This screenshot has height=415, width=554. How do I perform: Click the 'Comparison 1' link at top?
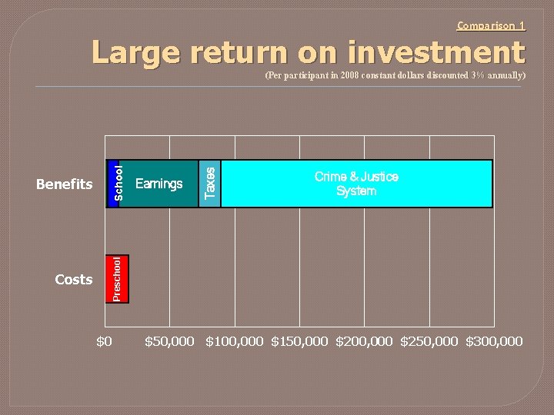[x=491, y=25]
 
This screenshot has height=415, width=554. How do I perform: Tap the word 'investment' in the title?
[x=436, y=53]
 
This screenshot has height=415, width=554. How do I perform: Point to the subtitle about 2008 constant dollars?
[x=395, y=75]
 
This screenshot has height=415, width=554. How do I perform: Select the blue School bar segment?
[x=113, y=184]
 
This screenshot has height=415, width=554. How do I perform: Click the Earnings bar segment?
[x=159, y=184]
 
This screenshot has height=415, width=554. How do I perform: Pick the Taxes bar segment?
[x=209, y=184]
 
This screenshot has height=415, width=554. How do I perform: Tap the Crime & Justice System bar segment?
[x=356, y=184]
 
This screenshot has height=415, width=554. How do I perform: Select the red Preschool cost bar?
[x=117, y=279]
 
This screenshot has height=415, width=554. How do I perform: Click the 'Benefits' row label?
[x=65, y=184]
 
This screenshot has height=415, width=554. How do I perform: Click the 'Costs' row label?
[x=74, y=280]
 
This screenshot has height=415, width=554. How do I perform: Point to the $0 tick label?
[x=104, y=341]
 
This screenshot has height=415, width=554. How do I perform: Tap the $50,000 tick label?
[x=169, y=341]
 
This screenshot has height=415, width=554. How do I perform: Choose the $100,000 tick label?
[x=234, y=341]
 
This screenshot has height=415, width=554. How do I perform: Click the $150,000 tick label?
[x=299, y=341]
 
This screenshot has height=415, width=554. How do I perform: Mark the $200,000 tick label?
[x=364, y=341]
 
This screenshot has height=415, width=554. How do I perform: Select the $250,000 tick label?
[x=429, y=341]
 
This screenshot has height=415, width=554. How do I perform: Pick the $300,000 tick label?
[x=493, y=341]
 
